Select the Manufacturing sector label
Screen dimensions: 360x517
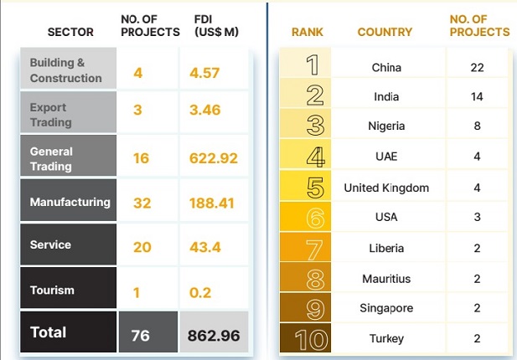70,202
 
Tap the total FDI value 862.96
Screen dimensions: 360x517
214,333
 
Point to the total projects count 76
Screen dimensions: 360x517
140,334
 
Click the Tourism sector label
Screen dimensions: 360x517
52,291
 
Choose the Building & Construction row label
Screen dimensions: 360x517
65,70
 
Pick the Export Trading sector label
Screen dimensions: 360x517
50,115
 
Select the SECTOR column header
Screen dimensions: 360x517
70,32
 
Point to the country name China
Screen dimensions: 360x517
386,67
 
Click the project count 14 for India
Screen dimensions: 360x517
477,97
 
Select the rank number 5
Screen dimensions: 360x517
316,188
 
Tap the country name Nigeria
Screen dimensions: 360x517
386,126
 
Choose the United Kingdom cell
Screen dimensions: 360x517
386,188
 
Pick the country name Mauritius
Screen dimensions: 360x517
386,278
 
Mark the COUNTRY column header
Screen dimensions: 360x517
385,32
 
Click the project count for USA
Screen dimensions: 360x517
477,218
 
